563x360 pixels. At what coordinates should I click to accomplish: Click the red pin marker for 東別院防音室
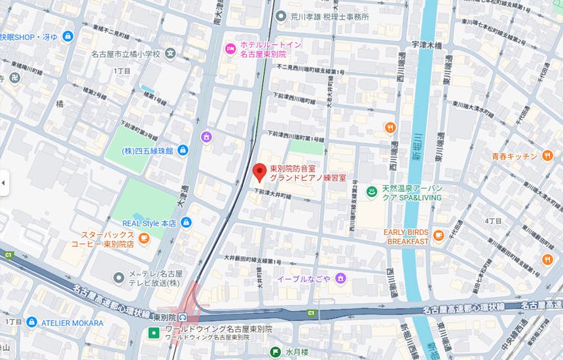(259, 172)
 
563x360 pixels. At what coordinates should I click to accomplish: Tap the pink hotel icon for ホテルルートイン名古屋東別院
(230, 48)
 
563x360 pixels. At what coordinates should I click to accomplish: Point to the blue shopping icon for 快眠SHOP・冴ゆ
(67, 37)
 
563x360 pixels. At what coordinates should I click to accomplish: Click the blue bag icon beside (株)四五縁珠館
(183, 151)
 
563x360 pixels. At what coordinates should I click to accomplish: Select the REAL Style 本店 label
(149, 223)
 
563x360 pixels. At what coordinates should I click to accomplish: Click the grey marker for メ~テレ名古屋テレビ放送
(118, 278)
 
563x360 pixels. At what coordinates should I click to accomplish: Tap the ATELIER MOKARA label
(72, 323)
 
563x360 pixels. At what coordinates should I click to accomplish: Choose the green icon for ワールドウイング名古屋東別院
(153, 333)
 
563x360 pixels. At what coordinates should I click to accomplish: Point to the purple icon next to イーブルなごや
(340, 279)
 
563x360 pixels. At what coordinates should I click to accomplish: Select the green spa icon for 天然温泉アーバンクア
(371, 192)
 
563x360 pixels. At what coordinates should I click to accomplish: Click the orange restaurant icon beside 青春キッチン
(547, 156)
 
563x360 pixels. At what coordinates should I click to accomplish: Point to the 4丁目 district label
(492, 221)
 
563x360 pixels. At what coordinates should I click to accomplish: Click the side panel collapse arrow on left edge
(3, 183)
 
